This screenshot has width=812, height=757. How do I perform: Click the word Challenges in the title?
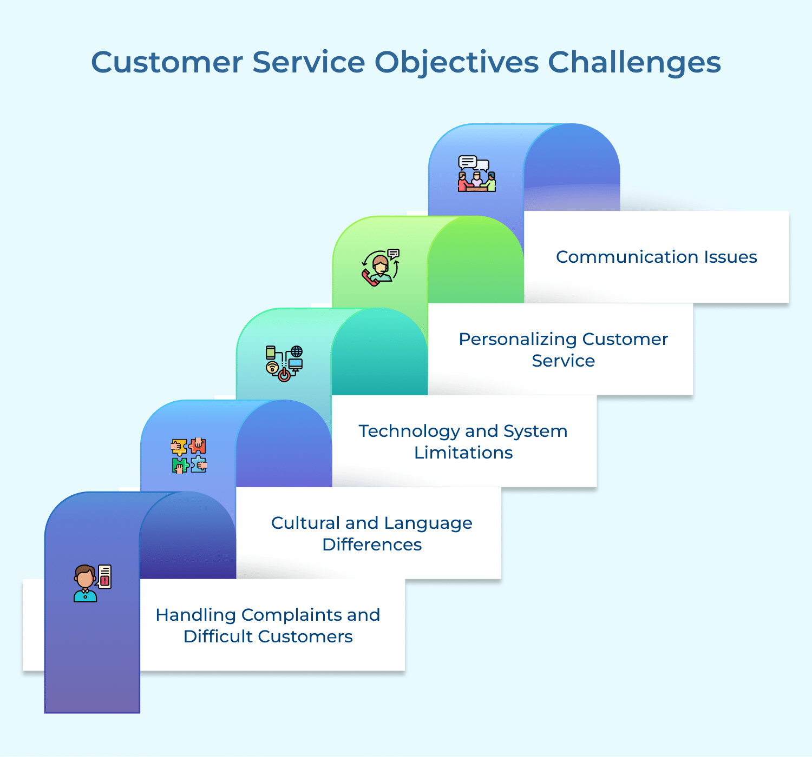(x=634, y=62)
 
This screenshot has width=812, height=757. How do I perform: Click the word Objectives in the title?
(x=456, y=62)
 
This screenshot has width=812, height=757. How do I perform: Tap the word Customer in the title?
(x=167, y=62)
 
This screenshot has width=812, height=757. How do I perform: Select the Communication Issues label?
(x=656, y=257)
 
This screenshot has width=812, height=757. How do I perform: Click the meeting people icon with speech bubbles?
(x=476, y=174)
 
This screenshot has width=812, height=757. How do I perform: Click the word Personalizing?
(x=518, y=339)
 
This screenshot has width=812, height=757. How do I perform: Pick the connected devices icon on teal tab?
(x=284, y=363)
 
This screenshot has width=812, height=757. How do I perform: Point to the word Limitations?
(x=463, y=453)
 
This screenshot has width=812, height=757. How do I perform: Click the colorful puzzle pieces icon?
(x=189, y=455)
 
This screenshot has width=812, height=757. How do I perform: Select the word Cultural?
(x=305, y=523)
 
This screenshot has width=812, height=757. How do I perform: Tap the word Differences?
(x=372, y=544)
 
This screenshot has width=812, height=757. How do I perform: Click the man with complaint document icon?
(x=93, y=583)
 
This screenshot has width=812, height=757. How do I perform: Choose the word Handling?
(x=195, y=615)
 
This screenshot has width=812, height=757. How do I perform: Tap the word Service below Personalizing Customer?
(x=563, y=361)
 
